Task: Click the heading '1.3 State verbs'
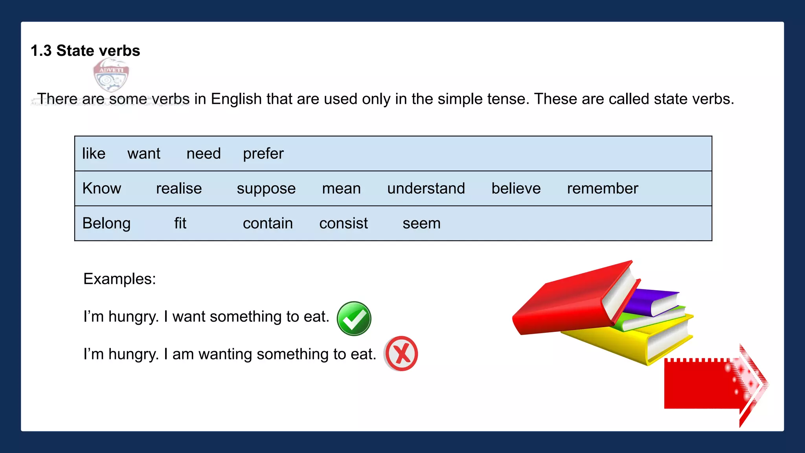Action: pos(85,51)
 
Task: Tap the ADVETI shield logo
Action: pos(111,75)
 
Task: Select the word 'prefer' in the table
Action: pos(263,153)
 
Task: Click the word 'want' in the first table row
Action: pos(143,153)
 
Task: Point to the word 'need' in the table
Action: pos(204,153)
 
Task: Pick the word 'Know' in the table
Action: pos(101,188)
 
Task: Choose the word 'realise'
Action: pos(179,188)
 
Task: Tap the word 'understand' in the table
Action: pos(426,188)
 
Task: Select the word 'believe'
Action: pos(516,188)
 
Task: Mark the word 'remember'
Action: pos(603,188)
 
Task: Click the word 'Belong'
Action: pos(106,223)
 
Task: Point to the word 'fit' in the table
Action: pos(180,223)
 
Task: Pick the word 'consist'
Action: pos(344,223)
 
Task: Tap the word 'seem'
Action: pos(421,224)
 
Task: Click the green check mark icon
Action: pos(354,319)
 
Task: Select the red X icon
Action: pos(401,354)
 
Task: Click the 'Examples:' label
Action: pos(119,279)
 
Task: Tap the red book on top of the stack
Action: pos(566,303)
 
